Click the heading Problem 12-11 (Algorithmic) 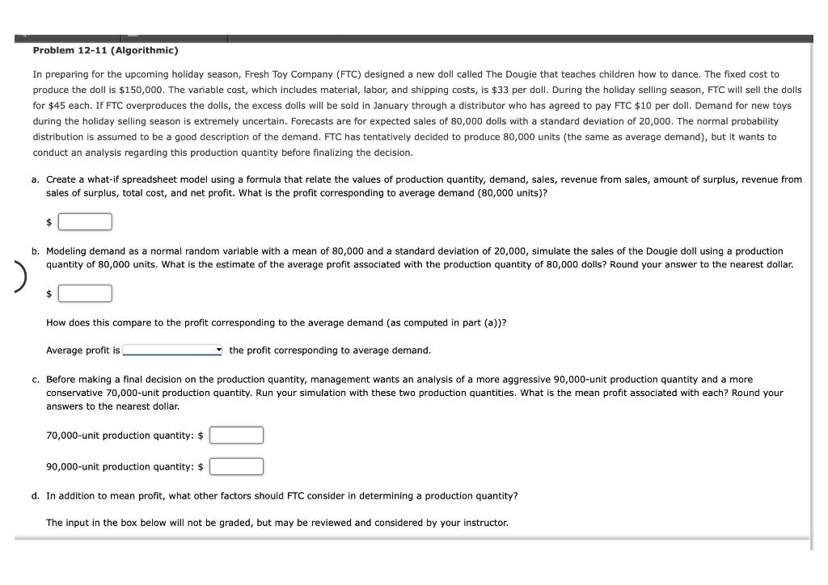[105, 50]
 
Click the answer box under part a [84, 221]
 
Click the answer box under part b [84, 293]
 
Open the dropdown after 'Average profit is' [173, 350]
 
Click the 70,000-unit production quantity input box [236, 436]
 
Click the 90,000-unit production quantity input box [236, 466]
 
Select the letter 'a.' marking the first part [36, 179]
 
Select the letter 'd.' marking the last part [36, 495]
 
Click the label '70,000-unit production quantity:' [120, 436]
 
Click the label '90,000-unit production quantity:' [120, 466]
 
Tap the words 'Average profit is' [82, 350]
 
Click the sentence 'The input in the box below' [277, 523]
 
